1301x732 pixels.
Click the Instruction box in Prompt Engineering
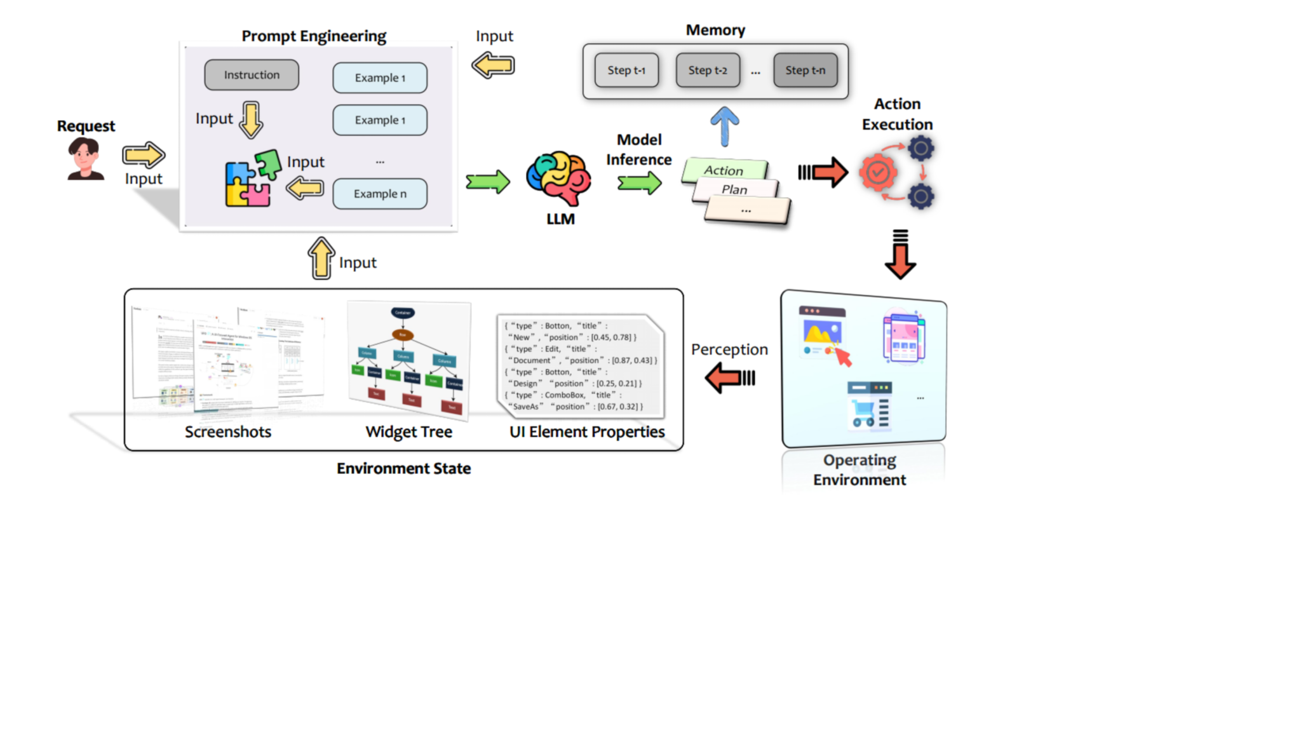point(252,75)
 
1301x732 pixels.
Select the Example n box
point(380,194)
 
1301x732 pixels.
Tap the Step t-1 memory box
point(626,71)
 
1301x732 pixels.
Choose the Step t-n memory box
point(805,71)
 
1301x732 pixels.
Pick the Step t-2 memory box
point(708,71)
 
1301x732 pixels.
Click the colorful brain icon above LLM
point(558,178)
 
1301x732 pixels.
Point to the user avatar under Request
point(85,159)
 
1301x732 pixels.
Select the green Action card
point(724,170)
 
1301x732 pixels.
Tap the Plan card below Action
point(734,189)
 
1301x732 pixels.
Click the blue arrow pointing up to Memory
point(724,126)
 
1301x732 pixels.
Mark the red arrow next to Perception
point(730,378)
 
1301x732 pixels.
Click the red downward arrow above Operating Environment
point(900,255)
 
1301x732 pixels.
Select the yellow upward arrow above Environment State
point(321,259)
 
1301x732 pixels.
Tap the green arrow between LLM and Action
point(640,184)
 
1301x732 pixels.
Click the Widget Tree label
point(408,432)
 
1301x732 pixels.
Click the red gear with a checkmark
point(878,172)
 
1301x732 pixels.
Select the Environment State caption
point(403,469)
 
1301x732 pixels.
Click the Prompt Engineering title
point(314,36)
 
